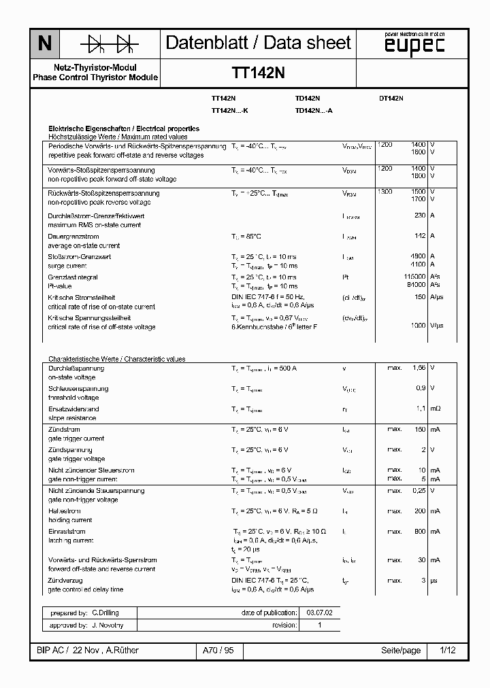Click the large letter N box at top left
[44, 44]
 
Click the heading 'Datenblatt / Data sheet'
[259, 43]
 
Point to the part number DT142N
[391, 99]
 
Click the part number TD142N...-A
[314, 110]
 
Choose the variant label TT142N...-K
[230, 110]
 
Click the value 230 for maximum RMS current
[419, 216]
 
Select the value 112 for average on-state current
[419, 236]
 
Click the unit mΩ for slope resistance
[436, 409]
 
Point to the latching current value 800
[419, 531]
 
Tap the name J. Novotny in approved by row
[107, 625]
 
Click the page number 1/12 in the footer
[448, 651]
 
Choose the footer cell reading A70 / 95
[218, 651]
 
